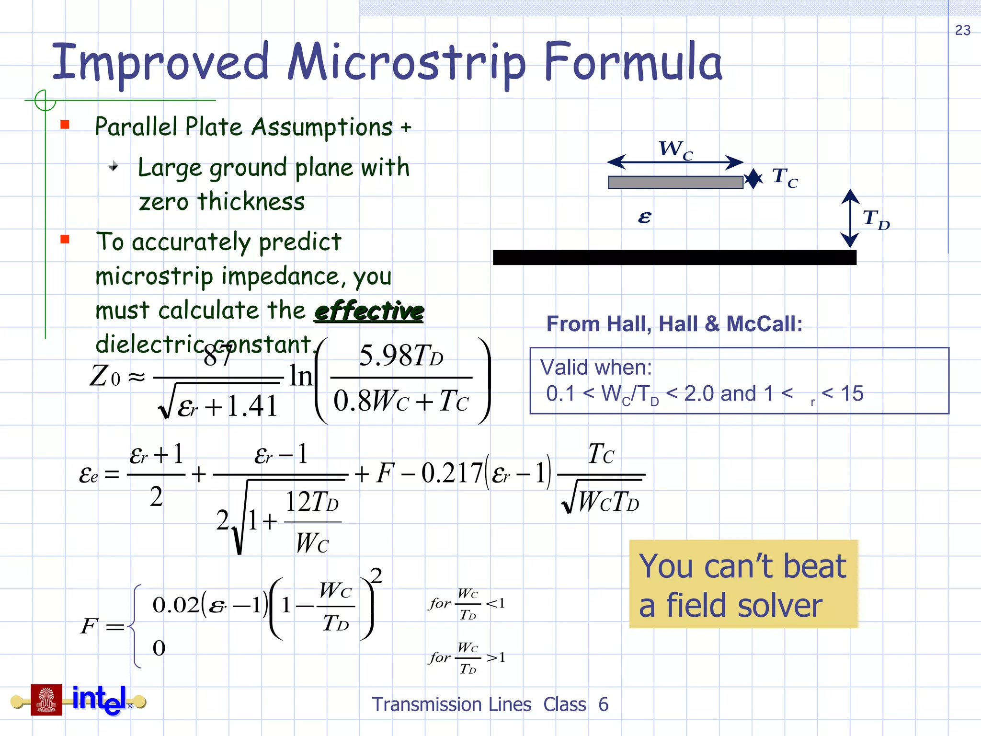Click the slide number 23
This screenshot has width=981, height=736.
point(962,30)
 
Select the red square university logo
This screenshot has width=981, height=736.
point(46,700)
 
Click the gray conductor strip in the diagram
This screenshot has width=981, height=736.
point(675,183)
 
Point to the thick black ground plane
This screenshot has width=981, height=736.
point(674,257)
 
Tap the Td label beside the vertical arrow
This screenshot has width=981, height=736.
point(876,219)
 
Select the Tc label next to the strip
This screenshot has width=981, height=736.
point(785,178)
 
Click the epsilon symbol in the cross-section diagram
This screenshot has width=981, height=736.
point(645,218)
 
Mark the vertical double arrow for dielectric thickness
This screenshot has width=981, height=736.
point(850,218)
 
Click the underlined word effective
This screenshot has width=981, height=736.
point(369,311)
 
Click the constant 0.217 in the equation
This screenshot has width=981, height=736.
point(451,473)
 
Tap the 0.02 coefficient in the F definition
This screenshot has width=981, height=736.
point(175,605)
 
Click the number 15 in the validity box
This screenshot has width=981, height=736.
point(852,394)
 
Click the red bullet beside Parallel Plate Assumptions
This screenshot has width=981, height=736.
point(65,125)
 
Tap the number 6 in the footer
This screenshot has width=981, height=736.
point(603,705)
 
